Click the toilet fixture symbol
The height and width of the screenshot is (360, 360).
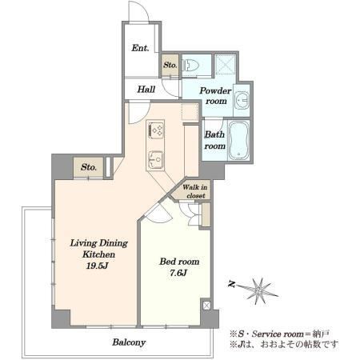point(190,66)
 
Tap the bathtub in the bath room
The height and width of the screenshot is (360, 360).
point(239,140)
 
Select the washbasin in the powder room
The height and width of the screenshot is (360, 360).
point(242,100)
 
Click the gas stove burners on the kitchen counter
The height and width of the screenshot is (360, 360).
point(155,130)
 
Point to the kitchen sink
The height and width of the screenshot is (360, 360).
point(155,159)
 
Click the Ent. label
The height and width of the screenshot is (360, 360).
point(140,48)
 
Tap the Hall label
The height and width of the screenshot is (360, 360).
point(146,89)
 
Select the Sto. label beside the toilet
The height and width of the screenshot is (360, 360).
point(170,65)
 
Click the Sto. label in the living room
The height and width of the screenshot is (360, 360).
point(89,167)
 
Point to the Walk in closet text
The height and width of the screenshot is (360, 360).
point(195,191)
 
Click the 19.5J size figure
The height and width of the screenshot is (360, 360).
point(97,266)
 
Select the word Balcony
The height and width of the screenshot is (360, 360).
point(129,342)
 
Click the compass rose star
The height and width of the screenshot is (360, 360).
point(258,290)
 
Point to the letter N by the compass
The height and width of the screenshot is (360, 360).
point(231,284)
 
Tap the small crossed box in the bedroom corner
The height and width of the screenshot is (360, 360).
point(206,306)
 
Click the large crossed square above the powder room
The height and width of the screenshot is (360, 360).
point(226,66)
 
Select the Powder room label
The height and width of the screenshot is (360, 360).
point(215,96)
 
